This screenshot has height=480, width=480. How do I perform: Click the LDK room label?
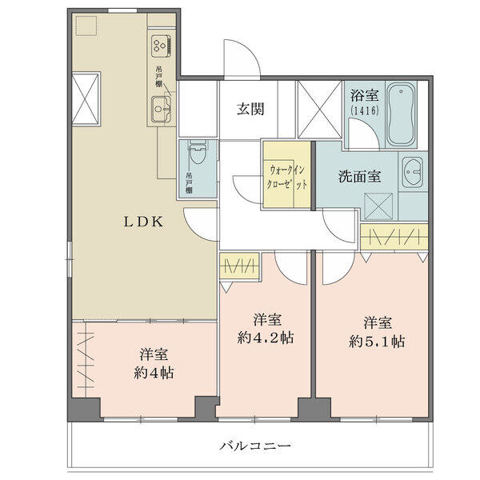(143, 222)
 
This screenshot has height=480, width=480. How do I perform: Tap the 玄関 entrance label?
(250, 110)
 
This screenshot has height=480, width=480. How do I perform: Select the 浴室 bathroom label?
(365, 95)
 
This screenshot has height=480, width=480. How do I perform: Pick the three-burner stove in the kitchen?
(162, 46)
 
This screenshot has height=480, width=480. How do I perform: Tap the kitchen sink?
(161, 109)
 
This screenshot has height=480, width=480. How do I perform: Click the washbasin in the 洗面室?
(412, 172)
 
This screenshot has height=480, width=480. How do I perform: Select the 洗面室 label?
(359, 177)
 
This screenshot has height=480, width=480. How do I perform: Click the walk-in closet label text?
(286, 178)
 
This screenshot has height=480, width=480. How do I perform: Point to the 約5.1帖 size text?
(377, 342)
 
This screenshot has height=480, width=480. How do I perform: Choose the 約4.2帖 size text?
(266, 338)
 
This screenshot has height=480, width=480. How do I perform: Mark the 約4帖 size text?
(154, 373)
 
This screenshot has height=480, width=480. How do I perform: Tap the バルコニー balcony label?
(255, 446)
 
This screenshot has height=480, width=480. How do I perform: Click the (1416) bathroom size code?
(365, 110)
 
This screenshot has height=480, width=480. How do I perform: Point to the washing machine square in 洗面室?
(378, 206)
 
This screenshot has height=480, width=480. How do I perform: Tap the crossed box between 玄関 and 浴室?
(319, 110)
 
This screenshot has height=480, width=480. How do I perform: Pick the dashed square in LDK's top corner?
(86, 26)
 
